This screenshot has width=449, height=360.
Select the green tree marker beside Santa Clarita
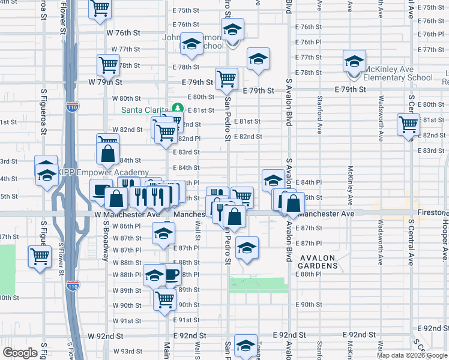176,108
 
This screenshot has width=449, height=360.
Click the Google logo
20,353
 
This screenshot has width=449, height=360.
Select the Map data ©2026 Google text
412,355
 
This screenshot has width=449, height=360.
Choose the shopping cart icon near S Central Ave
408,124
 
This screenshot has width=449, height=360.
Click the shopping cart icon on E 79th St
226,78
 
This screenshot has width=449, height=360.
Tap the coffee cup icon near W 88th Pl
171,275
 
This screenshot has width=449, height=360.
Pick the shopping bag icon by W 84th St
107,154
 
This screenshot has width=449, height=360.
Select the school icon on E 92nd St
246,346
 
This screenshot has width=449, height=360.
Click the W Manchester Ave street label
127,214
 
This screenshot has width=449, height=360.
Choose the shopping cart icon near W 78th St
108,64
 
